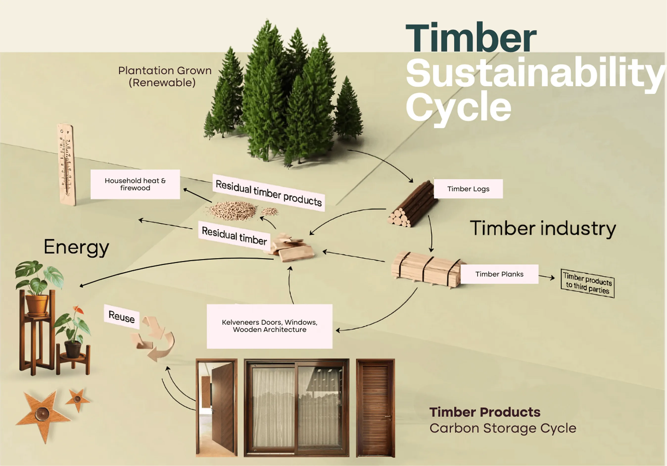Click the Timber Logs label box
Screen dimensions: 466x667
pos(468,189)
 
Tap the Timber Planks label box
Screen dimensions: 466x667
pos(499,274)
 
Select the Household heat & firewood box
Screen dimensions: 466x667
pos(135,184)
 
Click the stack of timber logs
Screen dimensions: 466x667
pos(412,205)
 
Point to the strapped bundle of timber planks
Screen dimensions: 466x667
pos(426,269)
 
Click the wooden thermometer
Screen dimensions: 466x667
pos(67,164)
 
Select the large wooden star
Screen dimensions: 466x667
pos(42,414)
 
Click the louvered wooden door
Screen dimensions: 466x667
pos(375,408)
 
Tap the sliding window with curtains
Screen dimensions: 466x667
pos(296,408)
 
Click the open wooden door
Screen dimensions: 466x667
pos(216,408)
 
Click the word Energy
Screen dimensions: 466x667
pos(76,247)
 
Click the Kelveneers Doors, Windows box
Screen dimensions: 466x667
pos(269,326)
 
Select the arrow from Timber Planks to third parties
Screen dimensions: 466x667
pos(547,277)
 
